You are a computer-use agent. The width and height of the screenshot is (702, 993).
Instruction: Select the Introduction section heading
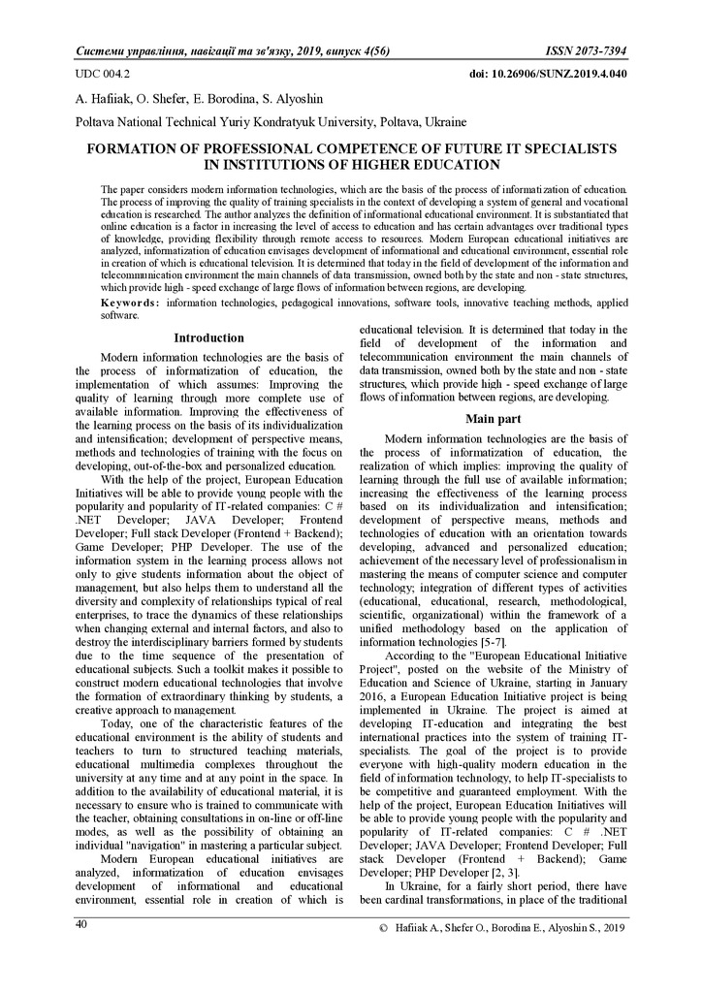coord(208,337)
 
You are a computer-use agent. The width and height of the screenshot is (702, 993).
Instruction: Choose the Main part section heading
coord(494,419)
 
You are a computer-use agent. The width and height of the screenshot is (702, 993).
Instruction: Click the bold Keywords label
coord(132,304)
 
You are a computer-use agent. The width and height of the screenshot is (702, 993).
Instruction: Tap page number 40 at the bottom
coord(82,923)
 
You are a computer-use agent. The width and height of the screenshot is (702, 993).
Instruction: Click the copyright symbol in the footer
coord(384,929)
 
